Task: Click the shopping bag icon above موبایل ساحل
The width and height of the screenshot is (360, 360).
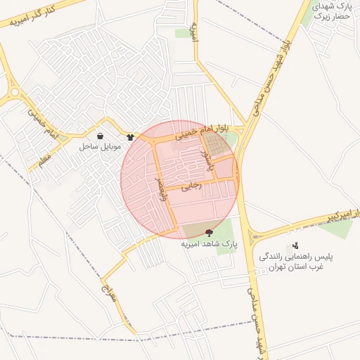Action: [x=101, y=136]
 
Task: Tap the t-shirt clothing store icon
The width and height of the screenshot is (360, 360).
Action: [x=130, y=136]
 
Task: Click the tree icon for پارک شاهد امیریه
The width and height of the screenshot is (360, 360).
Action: [x=208, y=233]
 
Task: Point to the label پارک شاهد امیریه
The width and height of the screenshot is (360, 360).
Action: [x=210, y=244]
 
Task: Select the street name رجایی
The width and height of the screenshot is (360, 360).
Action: [x=191, y=186]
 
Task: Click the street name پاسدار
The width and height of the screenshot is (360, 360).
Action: [x=206, y=160]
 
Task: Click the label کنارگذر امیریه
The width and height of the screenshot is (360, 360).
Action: [x=32, y=16]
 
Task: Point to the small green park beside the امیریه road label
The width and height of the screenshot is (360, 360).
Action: [x=184, y=33]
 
